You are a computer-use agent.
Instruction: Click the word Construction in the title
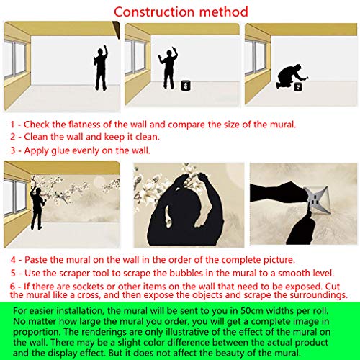pyautogui.click(x=154, y=12)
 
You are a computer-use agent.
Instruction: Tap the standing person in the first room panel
pyautogui.click(x=101, y=68)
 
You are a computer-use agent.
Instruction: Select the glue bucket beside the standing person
pyautogui.click(x=186, y=86)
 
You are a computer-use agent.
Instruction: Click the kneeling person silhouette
pyautogui.click(x=290, y=76)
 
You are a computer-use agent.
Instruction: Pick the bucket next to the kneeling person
pyautogui.click(x=298, y=86)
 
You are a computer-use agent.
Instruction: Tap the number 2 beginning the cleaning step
pyautogui.click(x=13, y=137)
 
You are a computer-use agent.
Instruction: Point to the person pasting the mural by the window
pyautogui.click(x=37, y=207)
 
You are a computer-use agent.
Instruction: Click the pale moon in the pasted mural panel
pyautogui.click(x=99, y=181)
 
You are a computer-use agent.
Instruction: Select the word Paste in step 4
pyautogui.click(x=36, y=260)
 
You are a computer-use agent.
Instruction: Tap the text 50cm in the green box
pyautogui.click(x=252, y=311)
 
